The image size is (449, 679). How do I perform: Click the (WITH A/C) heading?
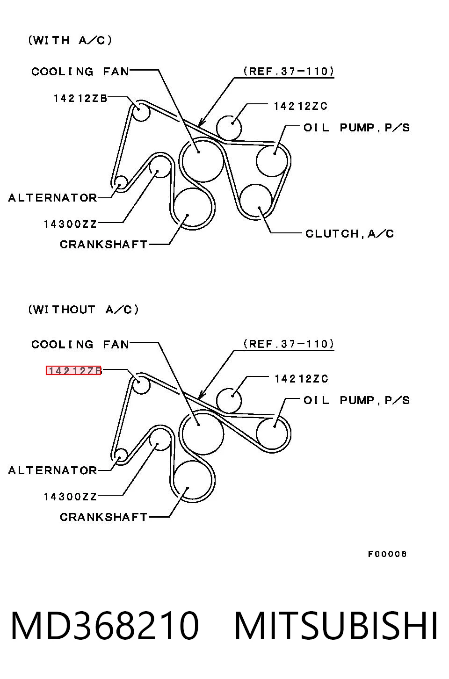pos(70,40)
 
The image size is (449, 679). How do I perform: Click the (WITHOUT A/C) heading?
pos(83,310)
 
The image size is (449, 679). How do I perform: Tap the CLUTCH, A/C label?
pos(349,234)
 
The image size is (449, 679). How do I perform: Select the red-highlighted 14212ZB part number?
pos(74,370)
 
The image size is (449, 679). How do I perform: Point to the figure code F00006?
pos(387,554)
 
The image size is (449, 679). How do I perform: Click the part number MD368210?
pos(105,626)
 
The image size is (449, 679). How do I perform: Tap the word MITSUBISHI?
pos(336,626)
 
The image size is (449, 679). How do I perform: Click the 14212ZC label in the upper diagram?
pos(300,106)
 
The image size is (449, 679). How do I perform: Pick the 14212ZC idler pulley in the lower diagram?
pos(241,400)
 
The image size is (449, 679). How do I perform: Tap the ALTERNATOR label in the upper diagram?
pos(52,198)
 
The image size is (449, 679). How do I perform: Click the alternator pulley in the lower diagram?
pos(121,449)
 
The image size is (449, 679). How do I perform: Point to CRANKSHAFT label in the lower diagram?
pos(103,517)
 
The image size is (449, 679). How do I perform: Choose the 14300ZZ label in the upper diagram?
pos(70,224)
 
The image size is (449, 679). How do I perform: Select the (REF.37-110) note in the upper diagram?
pos(289,71)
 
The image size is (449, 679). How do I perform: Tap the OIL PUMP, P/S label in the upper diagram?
pos(356,128)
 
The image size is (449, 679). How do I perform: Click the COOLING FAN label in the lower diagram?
pos(80,344)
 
